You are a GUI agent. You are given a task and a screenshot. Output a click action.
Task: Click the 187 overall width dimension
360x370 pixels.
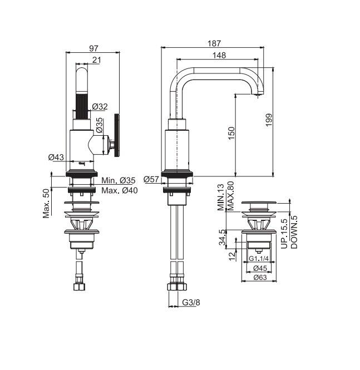(214, 43)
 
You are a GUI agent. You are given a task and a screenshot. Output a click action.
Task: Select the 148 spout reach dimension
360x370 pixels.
(219, 55)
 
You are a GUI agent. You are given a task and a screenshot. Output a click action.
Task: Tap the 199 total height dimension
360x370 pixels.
(269, 120)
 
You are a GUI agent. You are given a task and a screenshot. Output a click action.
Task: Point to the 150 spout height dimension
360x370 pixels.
(231, 133)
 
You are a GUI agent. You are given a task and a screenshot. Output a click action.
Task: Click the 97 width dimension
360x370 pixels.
(93, 48)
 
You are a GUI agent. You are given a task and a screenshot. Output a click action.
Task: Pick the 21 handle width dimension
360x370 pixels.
(96, 60)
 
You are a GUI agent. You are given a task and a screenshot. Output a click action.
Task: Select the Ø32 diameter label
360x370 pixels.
(100, 107)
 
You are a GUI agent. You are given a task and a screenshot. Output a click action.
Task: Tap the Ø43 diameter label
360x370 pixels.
(56, 157)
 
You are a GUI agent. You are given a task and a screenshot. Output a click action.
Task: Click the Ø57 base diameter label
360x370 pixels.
(151, 179)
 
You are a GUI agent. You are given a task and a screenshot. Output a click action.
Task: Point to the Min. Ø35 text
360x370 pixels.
(119, 181)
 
